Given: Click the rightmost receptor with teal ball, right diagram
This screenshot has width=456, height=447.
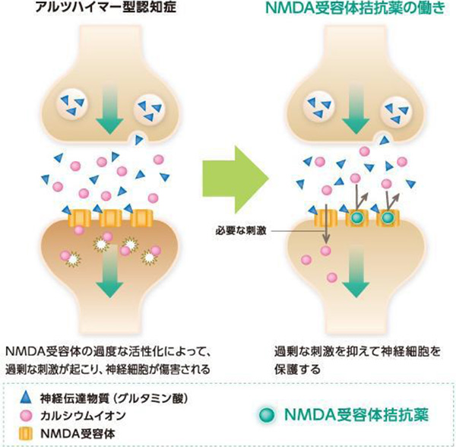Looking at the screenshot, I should [389, 219].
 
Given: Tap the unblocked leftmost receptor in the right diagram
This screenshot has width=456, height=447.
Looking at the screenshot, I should [325, 219].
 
